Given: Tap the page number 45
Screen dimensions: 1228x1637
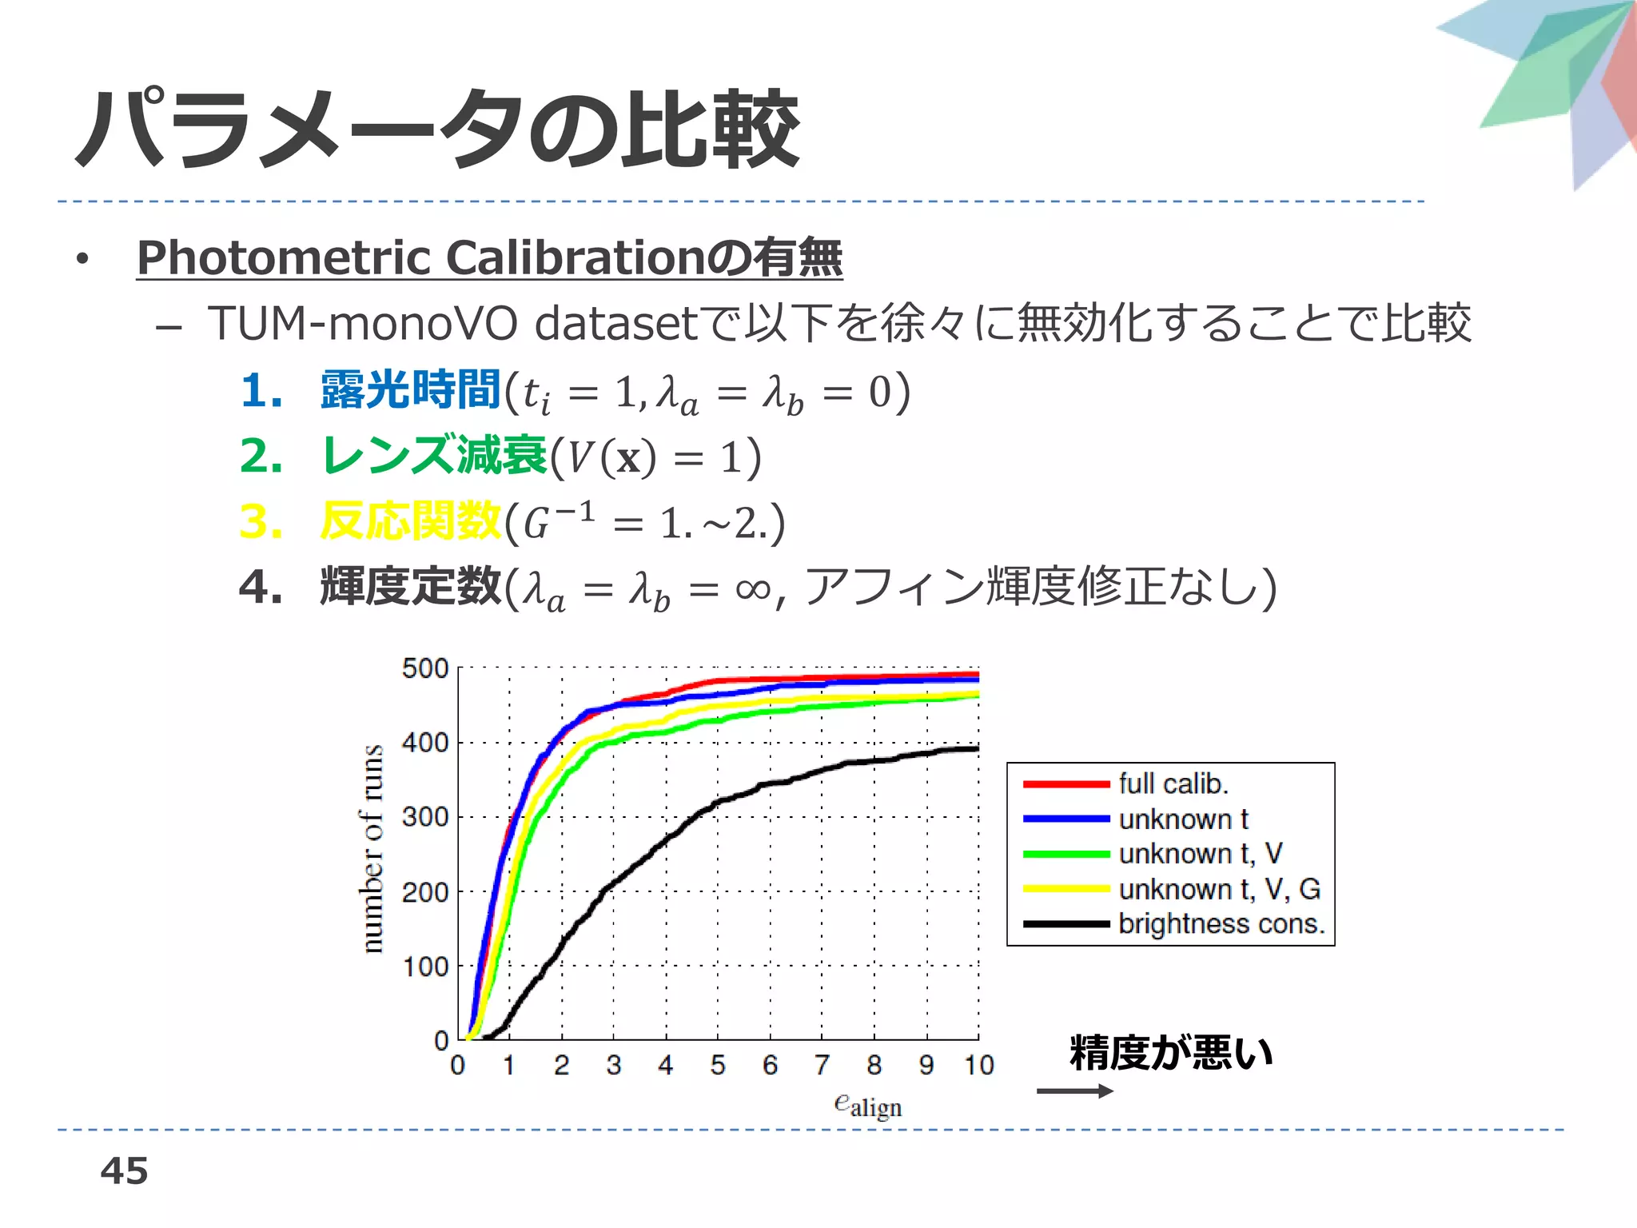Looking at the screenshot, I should (124, 1170).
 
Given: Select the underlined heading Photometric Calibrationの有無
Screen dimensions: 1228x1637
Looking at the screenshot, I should (489, 257).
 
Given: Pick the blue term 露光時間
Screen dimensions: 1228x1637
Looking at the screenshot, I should (410, 390).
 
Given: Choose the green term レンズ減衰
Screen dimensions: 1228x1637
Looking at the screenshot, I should (434, 456).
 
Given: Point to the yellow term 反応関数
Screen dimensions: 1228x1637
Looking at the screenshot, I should (410, 521).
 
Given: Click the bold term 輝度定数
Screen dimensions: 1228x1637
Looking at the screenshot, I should (410, 587).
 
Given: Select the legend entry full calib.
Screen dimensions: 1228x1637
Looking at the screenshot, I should (1173, 783).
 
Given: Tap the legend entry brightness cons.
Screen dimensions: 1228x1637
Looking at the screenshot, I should (1221, 924).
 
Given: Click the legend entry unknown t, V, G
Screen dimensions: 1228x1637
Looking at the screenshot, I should (1219, 889).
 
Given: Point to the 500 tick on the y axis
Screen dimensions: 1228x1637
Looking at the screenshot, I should (425, 668).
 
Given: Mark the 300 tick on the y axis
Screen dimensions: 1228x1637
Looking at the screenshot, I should (425, 817).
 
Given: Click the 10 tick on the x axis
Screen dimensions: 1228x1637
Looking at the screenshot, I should (978, 1065).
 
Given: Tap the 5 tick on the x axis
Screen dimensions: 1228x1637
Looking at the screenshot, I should (718, 1065).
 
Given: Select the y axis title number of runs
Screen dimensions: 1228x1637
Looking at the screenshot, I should (372, 849).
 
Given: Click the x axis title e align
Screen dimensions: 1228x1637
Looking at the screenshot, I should (867, 1106).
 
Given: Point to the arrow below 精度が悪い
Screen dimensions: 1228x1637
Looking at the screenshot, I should (1074, 1091).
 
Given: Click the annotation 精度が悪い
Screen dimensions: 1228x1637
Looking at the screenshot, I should (1171, 1052).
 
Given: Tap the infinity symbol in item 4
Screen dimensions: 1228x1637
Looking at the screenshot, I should (753, 589).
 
